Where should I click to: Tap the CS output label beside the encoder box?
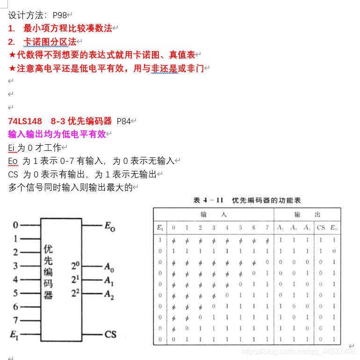pos(110,334)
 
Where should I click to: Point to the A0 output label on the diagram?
pos(108,268)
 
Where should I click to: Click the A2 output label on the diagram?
pos(109,295)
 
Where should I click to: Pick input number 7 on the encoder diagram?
pos(15,320)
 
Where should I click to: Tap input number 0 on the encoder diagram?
pos(15,225)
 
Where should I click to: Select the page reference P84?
pos(123,121)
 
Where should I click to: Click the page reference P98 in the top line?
pos(60,15)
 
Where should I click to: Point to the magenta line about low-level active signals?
pos(57,134)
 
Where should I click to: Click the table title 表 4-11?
pos(209,200)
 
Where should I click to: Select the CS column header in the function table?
pos(321,228)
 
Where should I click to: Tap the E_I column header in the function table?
pos(160,228)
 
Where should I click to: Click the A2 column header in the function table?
pos(280,228)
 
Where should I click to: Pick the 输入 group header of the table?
pos(213,215)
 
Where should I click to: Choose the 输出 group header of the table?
pos(307,215)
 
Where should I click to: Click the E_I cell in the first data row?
pos(160,240)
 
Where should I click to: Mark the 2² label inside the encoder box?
pos(75,294)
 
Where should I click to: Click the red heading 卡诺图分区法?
pos(50,42)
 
